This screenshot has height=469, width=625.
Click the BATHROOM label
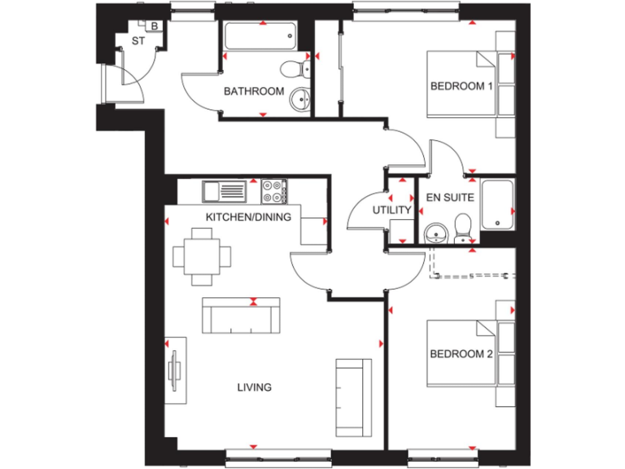click(x=254, y=91)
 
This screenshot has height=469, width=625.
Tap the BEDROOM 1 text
click(x=461, y=86)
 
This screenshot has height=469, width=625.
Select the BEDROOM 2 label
click(x=461, y=353)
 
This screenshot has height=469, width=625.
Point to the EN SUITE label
click(x=444, y=197)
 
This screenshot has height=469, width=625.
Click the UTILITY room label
click(x=391, y=210)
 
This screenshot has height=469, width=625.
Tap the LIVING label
click(x=255, y=388)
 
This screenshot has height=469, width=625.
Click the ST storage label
click(x=125, y=41)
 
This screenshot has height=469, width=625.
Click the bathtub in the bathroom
click(x=260, y=37)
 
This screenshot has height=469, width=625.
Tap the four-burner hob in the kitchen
click(x=273, y=192)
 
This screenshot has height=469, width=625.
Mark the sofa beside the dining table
click(x=241, y=314)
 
